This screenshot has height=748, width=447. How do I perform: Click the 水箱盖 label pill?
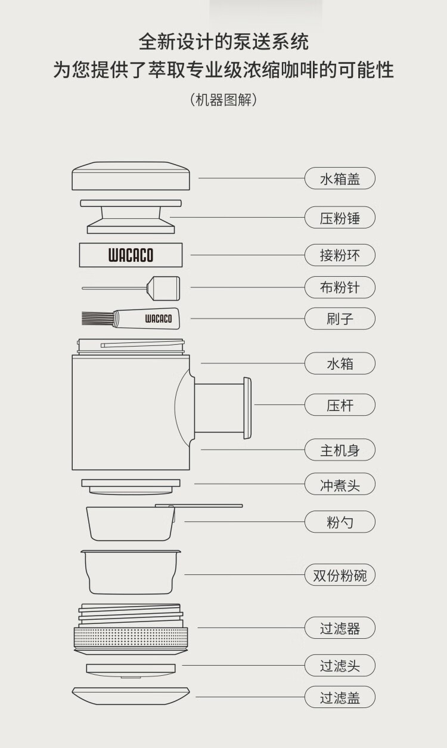[x=340, y=178]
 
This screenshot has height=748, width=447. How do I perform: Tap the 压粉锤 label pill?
[x=340, y=218]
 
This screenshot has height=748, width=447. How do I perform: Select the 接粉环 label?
[x=340, y=255]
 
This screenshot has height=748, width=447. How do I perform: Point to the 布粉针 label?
[x=340, y=288]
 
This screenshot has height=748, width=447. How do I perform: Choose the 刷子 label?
[x=340, y=319]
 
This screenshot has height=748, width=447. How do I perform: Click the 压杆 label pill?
[x=340, y=405]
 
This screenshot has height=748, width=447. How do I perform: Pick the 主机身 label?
[x=340, y=450]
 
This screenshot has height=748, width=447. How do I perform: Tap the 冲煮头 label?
[x=340, y=484]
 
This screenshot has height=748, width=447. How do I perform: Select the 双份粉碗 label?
[x=340, y=576]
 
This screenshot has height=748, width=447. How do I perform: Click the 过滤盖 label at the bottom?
[x=340, y=697]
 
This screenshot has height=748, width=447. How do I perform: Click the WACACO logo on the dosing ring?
[x=131, y=256]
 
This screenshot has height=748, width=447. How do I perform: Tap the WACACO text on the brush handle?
[x=158, y=319]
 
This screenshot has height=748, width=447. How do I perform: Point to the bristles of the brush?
[x=97, y=319]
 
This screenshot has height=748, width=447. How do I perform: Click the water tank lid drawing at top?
[x=131, y=177]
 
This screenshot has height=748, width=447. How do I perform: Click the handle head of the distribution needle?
[x=163, y=288]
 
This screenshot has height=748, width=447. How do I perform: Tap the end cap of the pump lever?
[x=247, y=404]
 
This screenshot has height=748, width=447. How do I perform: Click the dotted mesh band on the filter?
[x=131, y=636]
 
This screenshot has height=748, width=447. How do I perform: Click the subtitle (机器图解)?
[x=223, y=100]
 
